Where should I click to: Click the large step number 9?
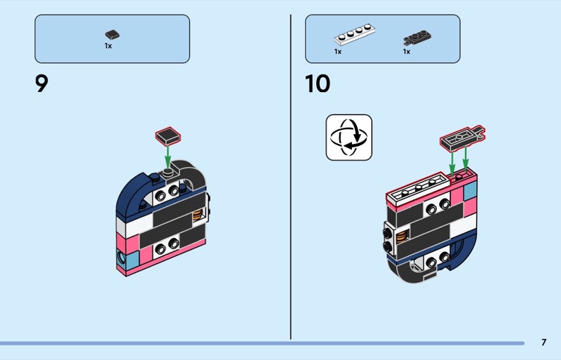pos(42,84)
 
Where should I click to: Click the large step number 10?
pos(317,84)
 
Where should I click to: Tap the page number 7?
pos(543,342)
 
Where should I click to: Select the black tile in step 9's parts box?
pos(112,34)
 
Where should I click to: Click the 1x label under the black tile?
pos(108,46)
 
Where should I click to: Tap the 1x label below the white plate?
pos(338,51)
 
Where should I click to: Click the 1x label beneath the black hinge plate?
pos(406,51)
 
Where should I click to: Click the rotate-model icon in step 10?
pos(349,137)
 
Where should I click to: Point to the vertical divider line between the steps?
pos(290,175)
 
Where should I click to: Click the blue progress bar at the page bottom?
pos(259,343)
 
